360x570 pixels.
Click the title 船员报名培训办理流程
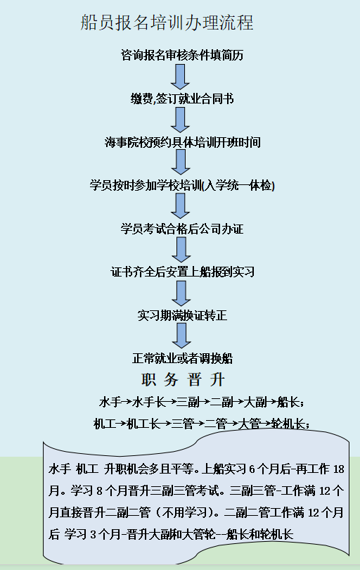click(x=167, y=23)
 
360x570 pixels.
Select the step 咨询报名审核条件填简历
click(x=182, y=56)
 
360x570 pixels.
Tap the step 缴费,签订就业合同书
click(x=182, y=99)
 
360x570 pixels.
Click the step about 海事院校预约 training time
click(x=183, y=142)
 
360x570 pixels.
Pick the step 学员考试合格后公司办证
click(x=182, y=229)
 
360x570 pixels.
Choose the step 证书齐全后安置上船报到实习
click(x=182, y=272)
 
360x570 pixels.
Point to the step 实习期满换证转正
click(x=182, y=315)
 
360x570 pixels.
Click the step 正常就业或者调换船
click(x=182, y=358)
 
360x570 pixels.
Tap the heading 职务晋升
click(x=184, y=380)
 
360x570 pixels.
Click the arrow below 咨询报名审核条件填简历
click(x=180, y=77)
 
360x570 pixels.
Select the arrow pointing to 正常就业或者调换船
click(x=181, y=336)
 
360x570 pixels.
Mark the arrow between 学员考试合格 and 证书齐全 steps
click(x=181, y=250)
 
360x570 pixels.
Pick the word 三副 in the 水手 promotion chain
click(x=188, y=402)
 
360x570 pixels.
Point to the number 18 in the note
click(x=338, y=469)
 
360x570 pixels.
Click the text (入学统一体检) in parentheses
click(x=238, y=186)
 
